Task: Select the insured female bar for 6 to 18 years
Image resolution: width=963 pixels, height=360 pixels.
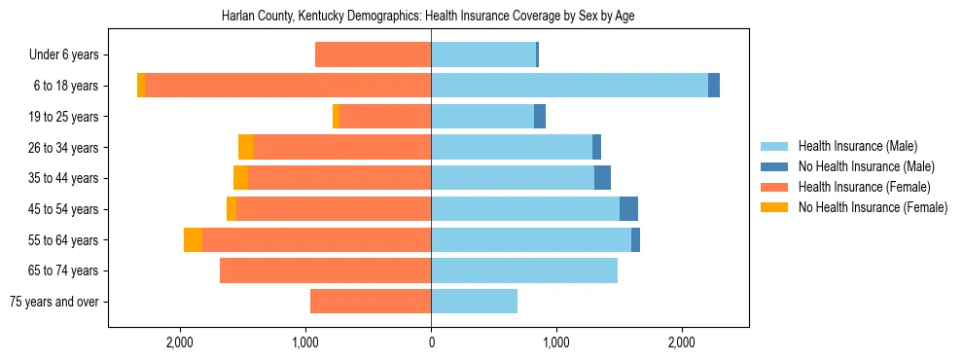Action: pos(288,86)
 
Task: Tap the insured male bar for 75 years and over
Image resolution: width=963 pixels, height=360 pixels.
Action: pos(474,302)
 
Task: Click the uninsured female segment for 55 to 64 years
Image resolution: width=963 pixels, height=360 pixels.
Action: pos(193,240)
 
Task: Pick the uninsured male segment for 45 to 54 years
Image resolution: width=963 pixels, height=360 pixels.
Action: pos(628,209)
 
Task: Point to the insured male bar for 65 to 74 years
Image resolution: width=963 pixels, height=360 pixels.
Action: pos(524,270)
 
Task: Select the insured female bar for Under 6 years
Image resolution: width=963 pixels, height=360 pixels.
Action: pos(373,55)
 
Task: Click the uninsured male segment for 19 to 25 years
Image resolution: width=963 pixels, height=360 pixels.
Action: pos(540,117)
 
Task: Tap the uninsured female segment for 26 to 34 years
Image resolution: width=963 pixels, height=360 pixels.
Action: pos(246,147)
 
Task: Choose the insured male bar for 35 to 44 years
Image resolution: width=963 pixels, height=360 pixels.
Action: pos(513,178)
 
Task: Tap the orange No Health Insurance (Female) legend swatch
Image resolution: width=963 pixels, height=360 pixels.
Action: pos(775,207)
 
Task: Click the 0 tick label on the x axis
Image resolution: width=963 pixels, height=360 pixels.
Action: pos(431,342)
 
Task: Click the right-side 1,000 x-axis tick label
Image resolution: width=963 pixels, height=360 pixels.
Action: pos(556,342)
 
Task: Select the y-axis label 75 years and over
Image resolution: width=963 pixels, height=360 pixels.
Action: pos(53,302)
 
